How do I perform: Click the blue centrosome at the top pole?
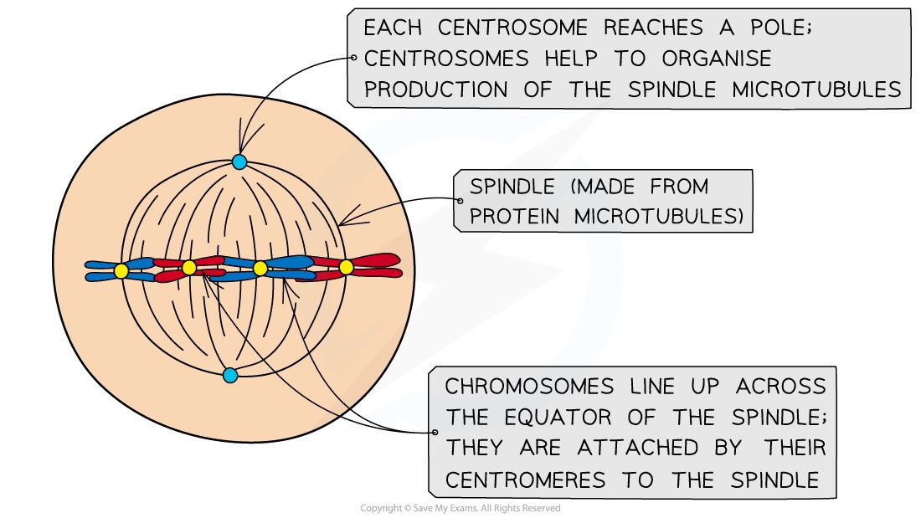point(239,162)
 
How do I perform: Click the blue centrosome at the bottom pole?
point(230,375)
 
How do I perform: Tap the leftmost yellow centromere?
point(121,270)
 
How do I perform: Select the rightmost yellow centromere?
point(346,268)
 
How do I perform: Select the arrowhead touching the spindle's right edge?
point(342,223)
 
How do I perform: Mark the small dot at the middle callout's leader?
point(460,201)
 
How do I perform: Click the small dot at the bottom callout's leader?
point(435,433)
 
